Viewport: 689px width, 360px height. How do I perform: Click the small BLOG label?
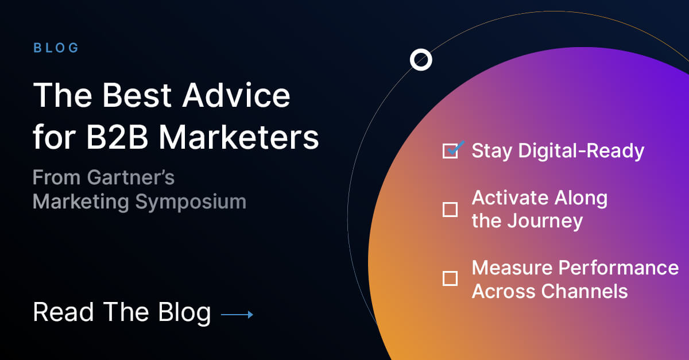point(56,48)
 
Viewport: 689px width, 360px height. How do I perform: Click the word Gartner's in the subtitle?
point(130,178)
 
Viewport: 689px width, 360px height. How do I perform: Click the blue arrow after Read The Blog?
point(237,314)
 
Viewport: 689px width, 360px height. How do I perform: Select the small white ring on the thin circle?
point(421,59)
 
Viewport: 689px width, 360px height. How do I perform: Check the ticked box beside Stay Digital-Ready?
point(451,151)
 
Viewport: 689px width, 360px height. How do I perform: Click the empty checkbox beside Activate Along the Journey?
point(450,210)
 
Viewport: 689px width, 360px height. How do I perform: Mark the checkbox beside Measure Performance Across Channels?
point(450,279)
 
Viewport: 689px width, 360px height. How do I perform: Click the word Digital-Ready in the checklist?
point(581,151)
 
